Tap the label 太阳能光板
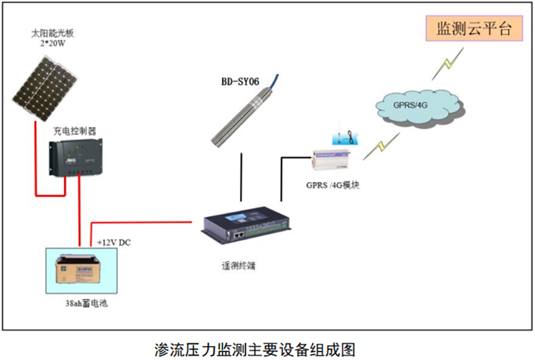49,32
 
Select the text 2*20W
49,43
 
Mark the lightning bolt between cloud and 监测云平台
443,64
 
